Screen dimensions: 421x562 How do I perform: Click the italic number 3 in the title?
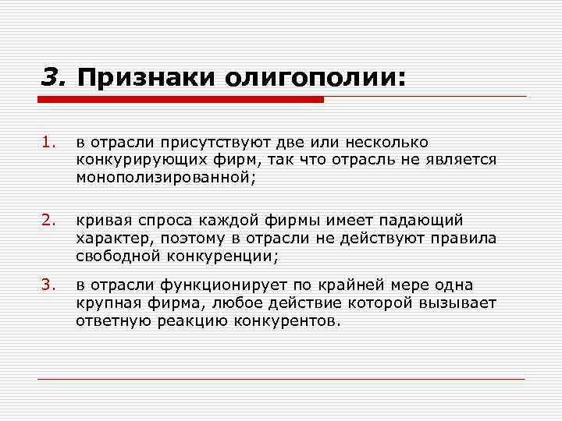point(52,77)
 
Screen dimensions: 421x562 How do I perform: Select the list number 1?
point(49,143)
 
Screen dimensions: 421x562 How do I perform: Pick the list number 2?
point(49,222)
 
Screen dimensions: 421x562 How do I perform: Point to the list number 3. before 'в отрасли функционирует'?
point(49,285)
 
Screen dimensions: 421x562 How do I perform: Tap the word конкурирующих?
point(133,161)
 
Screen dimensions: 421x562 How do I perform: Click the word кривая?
point(99,222)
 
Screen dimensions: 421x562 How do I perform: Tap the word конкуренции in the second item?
point(219,256)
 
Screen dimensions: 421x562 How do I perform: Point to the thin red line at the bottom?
point(281,380)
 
